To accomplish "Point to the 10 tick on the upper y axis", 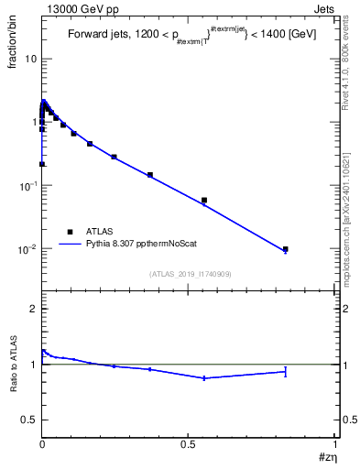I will point(30,59).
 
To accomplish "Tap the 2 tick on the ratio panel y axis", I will point(34,309).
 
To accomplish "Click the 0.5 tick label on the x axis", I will point(189,444).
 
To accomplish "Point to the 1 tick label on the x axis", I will point(335,444).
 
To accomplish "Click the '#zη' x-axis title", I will point(325,457).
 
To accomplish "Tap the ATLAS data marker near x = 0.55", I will point(204,200).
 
